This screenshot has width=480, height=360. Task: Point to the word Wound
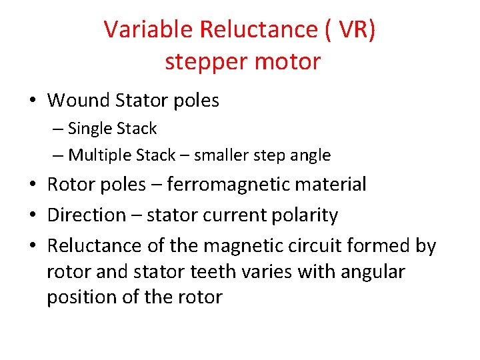tap(79, 101)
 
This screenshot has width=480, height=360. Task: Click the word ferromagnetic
tap(227, 185)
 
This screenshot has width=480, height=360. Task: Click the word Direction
tap(86, 215)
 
